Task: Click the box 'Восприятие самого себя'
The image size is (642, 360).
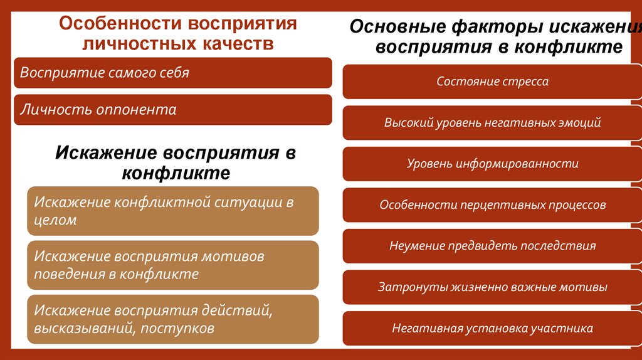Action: [172, 73]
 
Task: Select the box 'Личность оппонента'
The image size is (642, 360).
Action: [172, 110]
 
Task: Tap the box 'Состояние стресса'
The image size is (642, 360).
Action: [492, 82]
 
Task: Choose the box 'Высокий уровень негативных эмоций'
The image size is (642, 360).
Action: [492, 123]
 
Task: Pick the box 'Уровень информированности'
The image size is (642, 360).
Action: [492, 164]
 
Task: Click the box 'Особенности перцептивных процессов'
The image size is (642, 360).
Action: [492, 205]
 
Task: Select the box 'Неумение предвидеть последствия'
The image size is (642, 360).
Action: [492, 246]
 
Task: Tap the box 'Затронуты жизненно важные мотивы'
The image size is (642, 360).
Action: [492, 287]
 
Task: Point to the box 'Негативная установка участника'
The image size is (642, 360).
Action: [492, 328]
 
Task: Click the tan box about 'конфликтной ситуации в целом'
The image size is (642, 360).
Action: [172, 211]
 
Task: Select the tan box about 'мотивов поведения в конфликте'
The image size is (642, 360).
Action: [172, 265]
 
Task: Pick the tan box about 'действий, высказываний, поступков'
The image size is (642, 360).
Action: [172, 319]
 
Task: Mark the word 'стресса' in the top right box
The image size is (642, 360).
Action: [527, 82]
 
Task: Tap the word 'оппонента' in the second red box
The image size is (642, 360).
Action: [136, 110]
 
